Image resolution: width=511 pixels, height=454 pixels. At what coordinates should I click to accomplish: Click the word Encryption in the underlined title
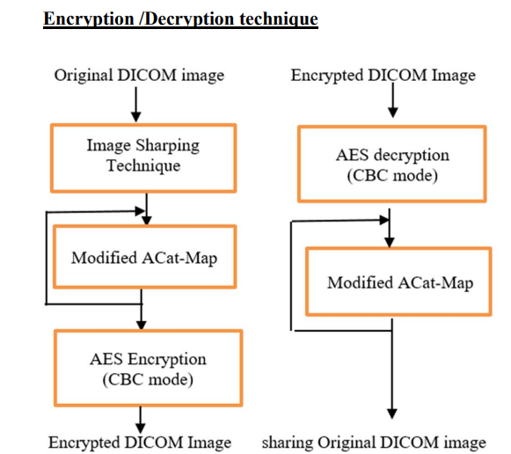click(89, 18)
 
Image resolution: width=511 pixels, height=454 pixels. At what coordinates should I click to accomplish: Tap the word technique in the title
click(279, 18)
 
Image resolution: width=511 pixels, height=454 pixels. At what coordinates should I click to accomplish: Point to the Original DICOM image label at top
click(139, 76)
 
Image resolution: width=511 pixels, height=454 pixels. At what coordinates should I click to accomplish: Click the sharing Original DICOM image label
click(374, 443)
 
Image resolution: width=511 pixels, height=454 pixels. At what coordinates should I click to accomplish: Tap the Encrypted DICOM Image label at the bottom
click(140, 443)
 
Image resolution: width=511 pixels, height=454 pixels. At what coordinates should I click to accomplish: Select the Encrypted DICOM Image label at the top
click(383, 76)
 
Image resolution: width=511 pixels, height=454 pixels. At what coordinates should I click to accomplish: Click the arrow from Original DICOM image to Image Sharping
click(136, 105)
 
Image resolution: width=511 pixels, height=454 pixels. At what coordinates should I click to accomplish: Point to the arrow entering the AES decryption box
click(393, 100)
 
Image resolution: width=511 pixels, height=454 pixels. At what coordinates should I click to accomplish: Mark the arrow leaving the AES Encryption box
click(141, 420)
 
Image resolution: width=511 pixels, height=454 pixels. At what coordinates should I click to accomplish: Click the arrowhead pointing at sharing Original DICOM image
click(392, 414)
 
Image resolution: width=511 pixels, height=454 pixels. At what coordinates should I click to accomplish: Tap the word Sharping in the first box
click(167, 146)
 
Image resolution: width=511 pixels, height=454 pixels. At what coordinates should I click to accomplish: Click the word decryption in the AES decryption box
click(412, 155)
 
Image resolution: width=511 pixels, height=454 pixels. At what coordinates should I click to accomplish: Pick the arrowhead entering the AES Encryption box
click(141, 325)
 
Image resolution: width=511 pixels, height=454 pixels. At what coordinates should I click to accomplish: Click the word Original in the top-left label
click(84, 76)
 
